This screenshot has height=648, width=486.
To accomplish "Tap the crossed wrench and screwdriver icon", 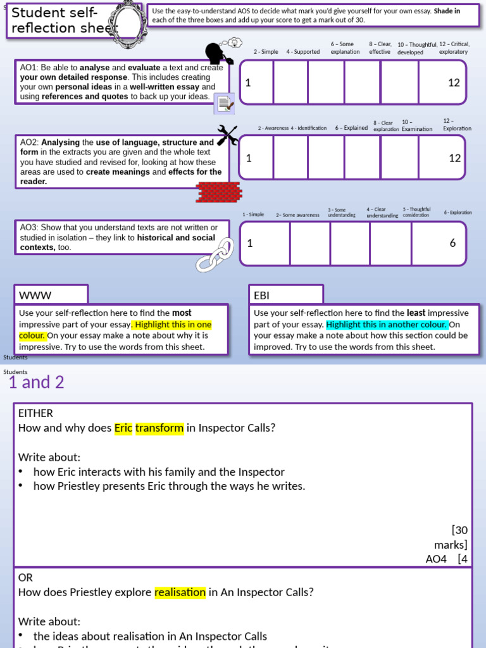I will [227, 135].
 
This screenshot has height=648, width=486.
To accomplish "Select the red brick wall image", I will [218, 192].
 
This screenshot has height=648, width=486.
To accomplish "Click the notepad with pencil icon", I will [225, 103].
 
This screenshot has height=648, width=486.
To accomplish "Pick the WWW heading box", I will [51, 295].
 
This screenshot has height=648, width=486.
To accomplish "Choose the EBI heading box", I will [286, 295].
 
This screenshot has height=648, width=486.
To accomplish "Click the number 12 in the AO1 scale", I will [454, 83].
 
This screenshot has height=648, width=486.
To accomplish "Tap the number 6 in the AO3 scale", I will [452, 243].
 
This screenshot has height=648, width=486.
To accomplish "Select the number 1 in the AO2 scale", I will [249, 158].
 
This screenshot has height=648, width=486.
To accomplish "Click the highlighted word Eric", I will [123, 428].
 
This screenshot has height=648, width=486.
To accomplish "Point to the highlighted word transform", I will [159, 428].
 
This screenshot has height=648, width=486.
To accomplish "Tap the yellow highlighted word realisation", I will [180, 592].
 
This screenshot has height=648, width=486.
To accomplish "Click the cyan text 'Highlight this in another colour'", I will [387, 325].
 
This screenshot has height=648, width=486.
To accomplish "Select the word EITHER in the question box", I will [35, 413].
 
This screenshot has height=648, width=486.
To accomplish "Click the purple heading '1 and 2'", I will [36, 382].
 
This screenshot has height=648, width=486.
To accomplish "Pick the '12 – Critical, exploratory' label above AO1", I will [454, 48].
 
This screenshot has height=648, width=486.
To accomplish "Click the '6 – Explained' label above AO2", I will [351, 128].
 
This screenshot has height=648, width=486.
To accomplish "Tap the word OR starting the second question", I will [25, 578].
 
